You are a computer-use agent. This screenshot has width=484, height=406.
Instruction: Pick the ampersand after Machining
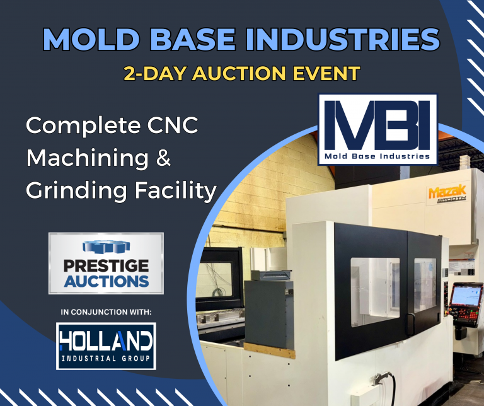coord(163,158)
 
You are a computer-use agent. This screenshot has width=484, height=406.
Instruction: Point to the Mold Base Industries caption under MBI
coord(377,155)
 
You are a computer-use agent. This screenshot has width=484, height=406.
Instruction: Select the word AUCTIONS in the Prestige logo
coord(106,279)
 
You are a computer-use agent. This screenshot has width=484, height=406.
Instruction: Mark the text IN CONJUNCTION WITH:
coord(106,311)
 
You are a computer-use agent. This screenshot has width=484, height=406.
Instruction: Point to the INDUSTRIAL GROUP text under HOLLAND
coord(105,359)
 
